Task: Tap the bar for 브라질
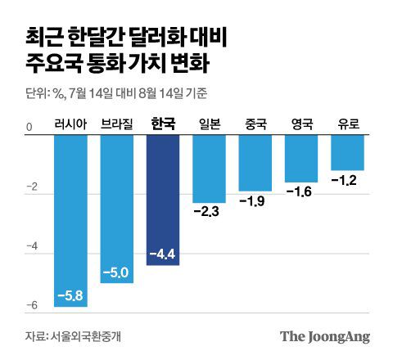tap(116, 209)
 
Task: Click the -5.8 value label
tap(70, 294)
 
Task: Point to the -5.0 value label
tap(116, 271)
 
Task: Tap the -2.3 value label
tap(209, 213)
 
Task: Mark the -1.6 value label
tap(301, 192)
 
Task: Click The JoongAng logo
tap(325, 335)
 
